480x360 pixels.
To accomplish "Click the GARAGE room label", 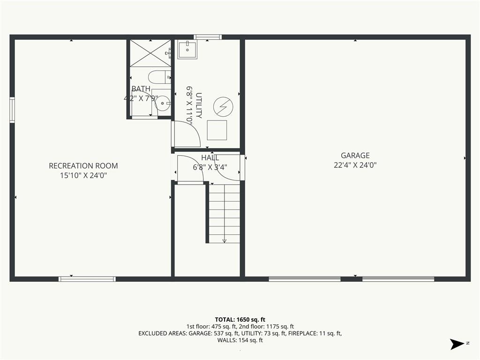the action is click(x=355, y=156).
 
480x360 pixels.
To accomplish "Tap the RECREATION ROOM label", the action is click(x=83, y=166).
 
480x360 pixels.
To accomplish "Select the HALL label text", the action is click(x=210, y=158).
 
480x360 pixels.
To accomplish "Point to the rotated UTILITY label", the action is click(x=199, y=105).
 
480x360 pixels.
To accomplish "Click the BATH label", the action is click(x=141, y=89).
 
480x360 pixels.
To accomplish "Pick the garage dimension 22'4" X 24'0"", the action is click(x=355, y=165).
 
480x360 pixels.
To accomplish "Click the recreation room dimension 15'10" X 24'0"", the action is click(x=83, y=176).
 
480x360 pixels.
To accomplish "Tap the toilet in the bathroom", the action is click(x=160, y=77).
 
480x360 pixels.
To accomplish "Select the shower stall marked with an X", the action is click(x=150, y=53).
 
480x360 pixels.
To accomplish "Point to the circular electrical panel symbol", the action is click(x=223, y=107).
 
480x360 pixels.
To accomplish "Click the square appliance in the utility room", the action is click(x=217, y=130).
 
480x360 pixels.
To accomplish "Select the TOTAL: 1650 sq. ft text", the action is click(x=240, y=320).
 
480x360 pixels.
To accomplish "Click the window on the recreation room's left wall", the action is click(x=12, y=110).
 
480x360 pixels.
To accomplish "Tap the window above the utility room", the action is click(x=208, y=37).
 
